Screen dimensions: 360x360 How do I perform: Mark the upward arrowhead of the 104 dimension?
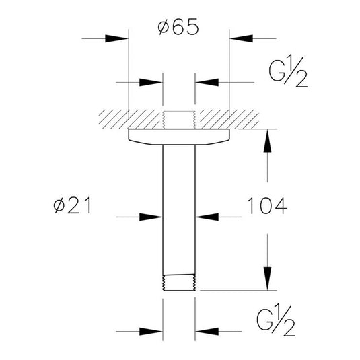(268, 138)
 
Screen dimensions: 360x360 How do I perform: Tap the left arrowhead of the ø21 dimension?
(153, 217)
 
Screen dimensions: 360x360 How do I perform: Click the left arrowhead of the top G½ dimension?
(153, 82)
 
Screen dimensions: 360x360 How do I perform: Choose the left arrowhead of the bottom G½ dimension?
(153, 331)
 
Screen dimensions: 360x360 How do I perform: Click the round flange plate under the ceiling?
(178, 135)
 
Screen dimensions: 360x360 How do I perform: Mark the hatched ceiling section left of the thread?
(128, 117)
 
